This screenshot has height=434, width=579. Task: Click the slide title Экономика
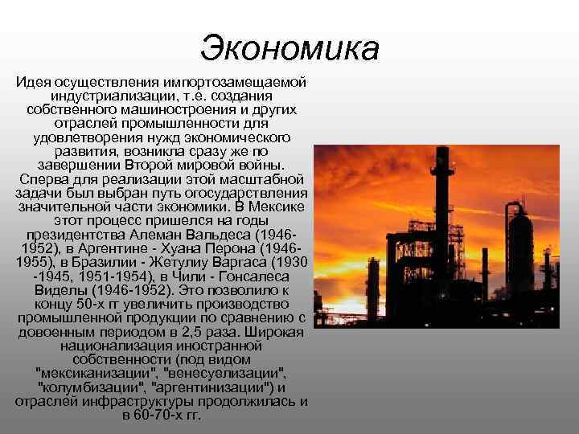289,47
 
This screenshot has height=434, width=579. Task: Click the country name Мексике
279,207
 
